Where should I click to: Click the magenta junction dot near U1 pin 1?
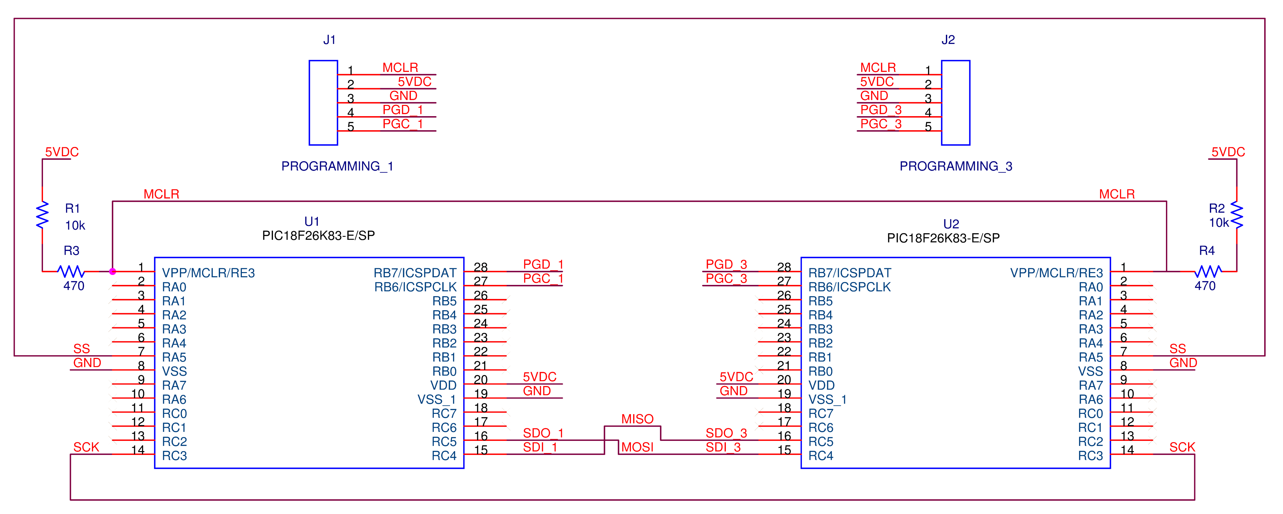tap(113, 271)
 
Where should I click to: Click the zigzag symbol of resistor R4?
tap(1208, 271)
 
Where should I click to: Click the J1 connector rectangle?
tap(323, 103)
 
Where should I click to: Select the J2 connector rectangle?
tap(955, 103)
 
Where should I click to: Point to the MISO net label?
tap(637, 419)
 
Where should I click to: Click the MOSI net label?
tap(637, 447)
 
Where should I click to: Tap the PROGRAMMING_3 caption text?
tap(955, 166)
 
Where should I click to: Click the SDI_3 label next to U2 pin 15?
tap(723, 447)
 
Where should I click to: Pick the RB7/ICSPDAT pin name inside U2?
tap(850, 273)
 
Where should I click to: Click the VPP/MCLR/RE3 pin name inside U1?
tap(208, 273)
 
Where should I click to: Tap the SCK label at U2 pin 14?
tap(1182, 447)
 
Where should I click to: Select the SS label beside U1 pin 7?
tap(82, 349)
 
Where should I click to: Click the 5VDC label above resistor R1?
tap(62, 152)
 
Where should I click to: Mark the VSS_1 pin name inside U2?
tap(827, 399)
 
